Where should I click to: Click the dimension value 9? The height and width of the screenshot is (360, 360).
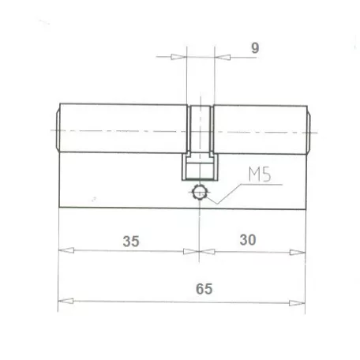click(254, 48)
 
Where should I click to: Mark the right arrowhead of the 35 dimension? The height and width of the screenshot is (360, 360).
click(191, 252)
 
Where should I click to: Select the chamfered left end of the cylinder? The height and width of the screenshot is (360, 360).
click(58, 129)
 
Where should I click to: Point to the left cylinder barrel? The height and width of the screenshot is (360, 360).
click(122, 129)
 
